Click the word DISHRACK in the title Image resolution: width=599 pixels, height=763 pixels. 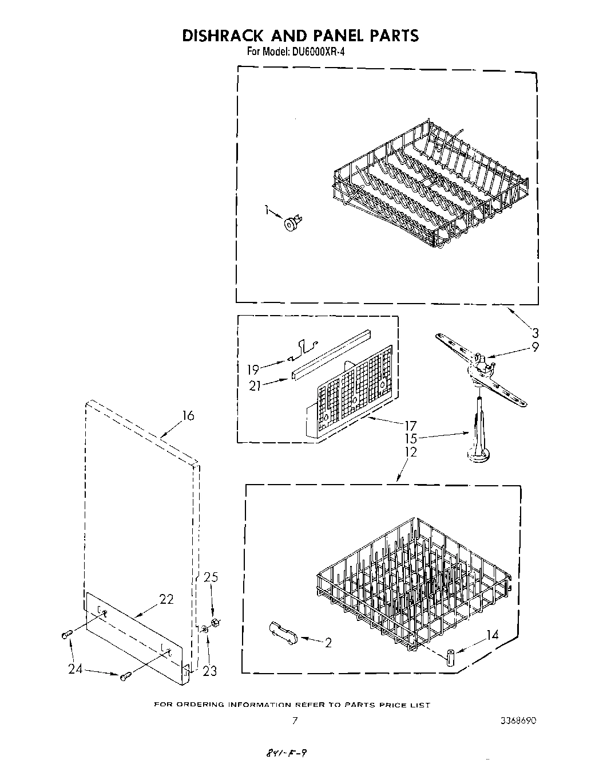coord(222,36)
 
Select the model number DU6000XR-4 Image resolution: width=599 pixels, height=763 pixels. coord(312,52)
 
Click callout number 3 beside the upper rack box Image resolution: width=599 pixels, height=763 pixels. coord(535,333)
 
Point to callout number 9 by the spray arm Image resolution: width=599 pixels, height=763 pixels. coord(535,347)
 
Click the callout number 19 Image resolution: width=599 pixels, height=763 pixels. coord(252,369)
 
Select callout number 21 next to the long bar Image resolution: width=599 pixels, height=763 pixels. coord(255,386)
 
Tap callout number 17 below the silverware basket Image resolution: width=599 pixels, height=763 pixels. coord(410,426)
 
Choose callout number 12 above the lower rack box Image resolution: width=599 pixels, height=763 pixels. coord(410,452)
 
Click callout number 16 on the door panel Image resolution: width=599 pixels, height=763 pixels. coord(188,416)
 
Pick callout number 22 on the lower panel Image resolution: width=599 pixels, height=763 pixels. coord(166,599)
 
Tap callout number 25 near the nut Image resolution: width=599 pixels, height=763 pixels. coord(211,577)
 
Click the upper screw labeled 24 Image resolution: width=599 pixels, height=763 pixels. coord(66,634)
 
